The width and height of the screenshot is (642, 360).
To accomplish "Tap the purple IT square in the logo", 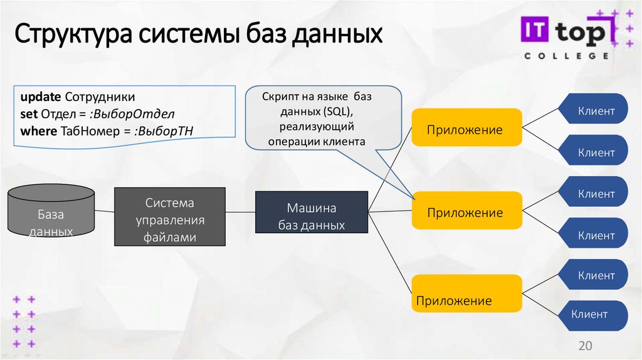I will click(535, 31).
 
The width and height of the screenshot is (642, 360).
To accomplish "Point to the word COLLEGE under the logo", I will click(566, 56).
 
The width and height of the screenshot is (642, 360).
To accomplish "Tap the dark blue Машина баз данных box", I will click(312, 216).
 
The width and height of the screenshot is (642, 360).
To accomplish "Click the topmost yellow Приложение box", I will click(466, 130).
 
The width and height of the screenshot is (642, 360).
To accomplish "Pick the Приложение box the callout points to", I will click(466, 212).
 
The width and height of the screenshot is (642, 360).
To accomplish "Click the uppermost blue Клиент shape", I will click(595, 112).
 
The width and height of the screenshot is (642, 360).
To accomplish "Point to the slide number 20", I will click(585, 346).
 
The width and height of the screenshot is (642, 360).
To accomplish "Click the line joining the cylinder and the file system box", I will click(105, 211).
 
